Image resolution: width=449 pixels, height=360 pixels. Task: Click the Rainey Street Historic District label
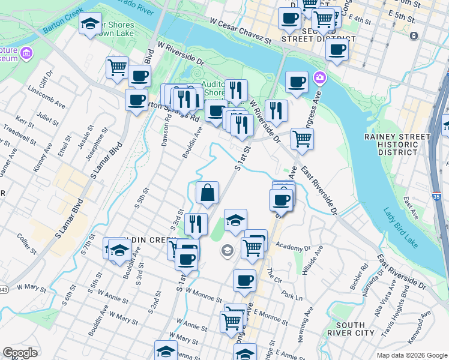click(x=397, y=145)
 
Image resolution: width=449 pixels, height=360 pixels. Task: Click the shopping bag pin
click(x=207, y=193)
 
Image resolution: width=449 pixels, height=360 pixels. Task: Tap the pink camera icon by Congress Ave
click(x=320, y=78)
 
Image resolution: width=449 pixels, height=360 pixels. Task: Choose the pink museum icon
click(x=26, y=55)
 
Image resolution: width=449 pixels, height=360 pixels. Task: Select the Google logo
click(x=20, y=353)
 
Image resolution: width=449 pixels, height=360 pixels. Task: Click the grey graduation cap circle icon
click(x=228, y=250)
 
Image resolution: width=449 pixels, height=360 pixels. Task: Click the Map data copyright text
click(x=412, y=355)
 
